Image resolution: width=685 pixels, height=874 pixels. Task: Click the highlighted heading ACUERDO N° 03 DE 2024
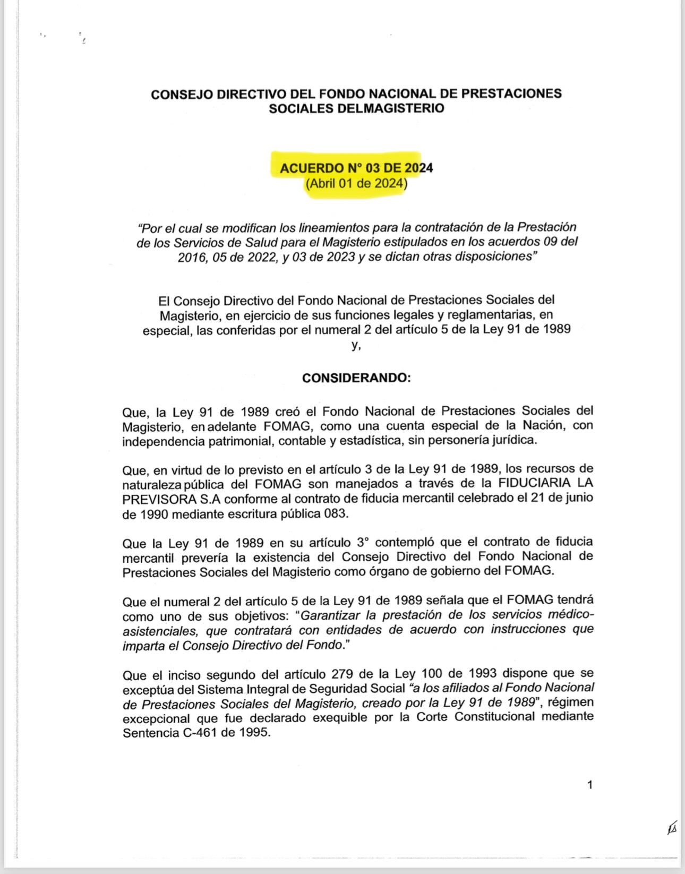(x=356, y=168)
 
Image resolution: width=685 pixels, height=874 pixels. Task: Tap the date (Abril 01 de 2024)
(x=356, y=184)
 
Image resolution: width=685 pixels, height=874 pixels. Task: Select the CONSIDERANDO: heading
(x=356, y=378)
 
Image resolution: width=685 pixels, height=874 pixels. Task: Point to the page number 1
(x=590, y=785)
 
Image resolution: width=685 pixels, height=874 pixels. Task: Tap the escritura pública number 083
(x=337, y=514)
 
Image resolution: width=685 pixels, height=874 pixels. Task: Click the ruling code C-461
(x=198, y=733)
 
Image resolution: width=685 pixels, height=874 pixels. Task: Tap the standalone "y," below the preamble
(x=356, y=345)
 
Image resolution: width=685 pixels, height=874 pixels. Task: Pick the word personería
(x=462, y=441)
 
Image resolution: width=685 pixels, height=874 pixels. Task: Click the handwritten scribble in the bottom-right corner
(x=672, y=828)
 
